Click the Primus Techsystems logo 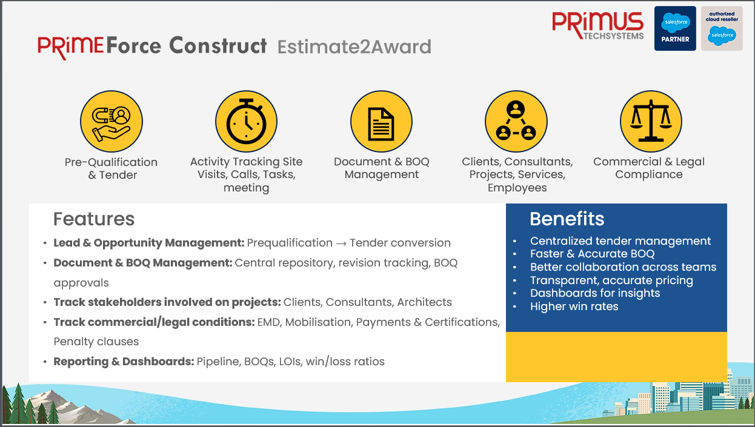tap(597, 25)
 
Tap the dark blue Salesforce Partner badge tap(675, 28)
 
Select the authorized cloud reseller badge tap(722, 28)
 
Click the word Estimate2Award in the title tap(354, 47)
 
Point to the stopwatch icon tap(247, 121)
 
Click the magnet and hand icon tap(111, 121)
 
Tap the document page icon tap(381, 121)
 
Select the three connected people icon tap(516, 121)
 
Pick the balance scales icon tap(651, 121)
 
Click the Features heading tap(94, 219)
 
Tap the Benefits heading tap(567, 219)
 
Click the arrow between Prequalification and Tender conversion tap(341, 243)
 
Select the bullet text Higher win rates tap(574, 306)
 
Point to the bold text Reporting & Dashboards tap(124, 362)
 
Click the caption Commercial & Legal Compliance tap(649, 168)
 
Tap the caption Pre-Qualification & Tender tap(111, 168)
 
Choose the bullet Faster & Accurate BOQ tap(592, 254)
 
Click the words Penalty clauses tap(96, 342)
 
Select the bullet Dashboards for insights tap(595, 293)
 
